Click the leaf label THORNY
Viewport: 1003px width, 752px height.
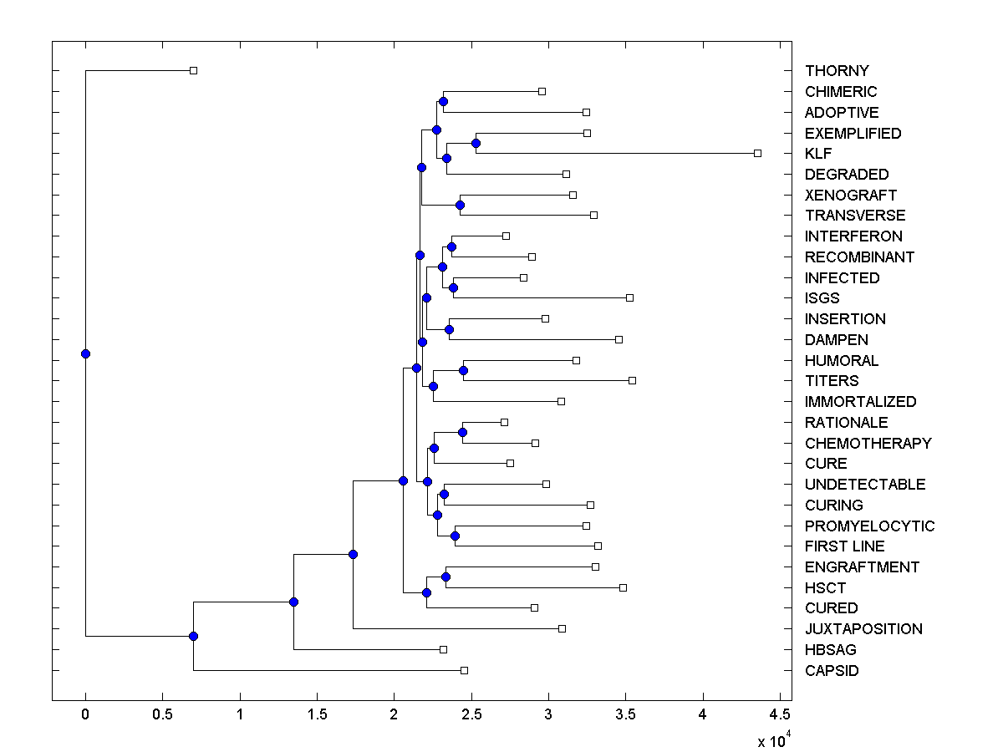click(837, 71)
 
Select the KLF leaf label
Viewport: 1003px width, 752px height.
click(818, 154)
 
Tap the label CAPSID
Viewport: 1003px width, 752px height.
click(832, 670)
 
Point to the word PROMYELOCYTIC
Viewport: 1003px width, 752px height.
click(869, 526)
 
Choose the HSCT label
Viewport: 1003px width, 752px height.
click(825, 587)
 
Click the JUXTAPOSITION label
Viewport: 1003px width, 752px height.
click(863, 629)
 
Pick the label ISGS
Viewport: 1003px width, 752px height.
click(822, 298)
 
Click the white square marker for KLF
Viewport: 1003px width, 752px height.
click(757, 153)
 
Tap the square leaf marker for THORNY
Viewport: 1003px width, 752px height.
click(193, 70)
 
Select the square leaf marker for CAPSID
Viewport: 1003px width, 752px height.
click(464, 670)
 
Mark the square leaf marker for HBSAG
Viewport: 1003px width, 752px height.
click(443, 649)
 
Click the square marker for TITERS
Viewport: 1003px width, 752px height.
click(632, 380)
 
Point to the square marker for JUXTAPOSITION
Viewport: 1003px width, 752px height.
click(562, 628)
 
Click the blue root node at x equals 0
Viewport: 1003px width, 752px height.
click(85, 353)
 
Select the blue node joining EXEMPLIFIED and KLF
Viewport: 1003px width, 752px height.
click(476, 143)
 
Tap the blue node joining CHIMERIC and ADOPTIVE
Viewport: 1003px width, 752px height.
click(443, 102)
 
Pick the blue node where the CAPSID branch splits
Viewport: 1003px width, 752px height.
click(193, 636)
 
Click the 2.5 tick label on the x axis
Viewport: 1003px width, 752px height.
click(471, 715)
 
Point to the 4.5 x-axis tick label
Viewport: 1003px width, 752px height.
click(780, 715)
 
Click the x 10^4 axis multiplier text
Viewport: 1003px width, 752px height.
click(773, 740)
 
